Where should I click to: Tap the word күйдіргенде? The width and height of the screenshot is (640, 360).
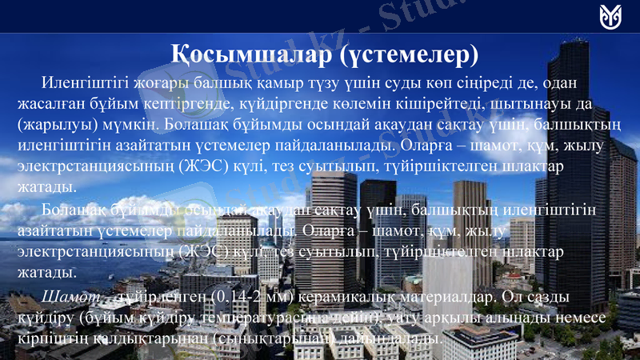click(259, 104)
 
